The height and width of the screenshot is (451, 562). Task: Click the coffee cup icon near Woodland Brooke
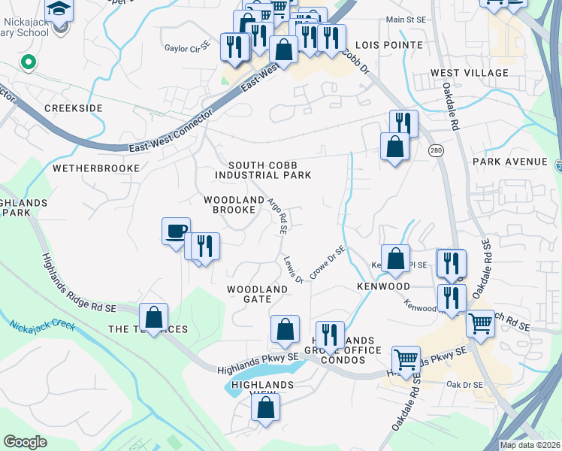click(x=176, y=230)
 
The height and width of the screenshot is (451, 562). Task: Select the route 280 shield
click(x=435, y=151)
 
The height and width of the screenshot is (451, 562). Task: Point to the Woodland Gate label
click(x=258, y=294)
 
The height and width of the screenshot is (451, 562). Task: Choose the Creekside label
click(x=73, y=108)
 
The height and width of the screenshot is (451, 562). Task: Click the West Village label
click(x=470, y=73)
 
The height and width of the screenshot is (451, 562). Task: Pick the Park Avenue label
click(x=510, y=162)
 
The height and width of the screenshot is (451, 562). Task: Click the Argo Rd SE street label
click(x=279, y=216)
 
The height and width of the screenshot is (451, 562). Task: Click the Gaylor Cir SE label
click(x=188, y=48)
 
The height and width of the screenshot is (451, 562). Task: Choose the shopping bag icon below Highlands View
click(x=266, y=407)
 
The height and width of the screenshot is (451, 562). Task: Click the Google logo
click(x=25, y=442)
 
